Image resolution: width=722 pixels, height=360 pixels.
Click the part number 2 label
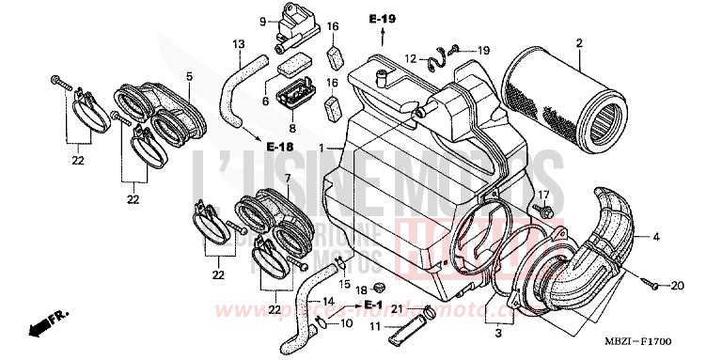click(579, 43)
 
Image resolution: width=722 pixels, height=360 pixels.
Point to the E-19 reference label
click(383, 19)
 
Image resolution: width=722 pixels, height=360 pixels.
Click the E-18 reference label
click(279, 148)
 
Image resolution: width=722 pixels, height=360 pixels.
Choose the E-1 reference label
click(373, 305)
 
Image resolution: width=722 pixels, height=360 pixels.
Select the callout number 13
click(238, 44)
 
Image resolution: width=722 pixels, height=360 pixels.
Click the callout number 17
click(542, 195)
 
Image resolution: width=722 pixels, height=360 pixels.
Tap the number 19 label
click(484, 50)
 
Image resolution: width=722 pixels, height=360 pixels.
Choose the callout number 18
click(361, 290)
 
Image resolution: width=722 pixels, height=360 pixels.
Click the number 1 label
click(321, 149)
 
